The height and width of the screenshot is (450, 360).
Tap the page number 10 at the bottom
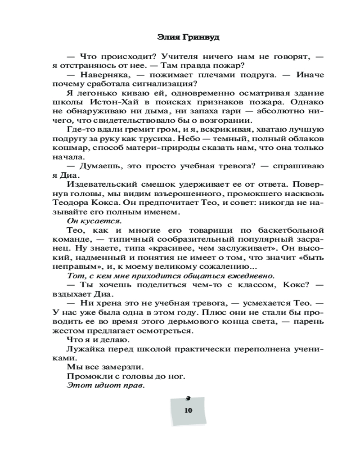pos(188,410)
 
